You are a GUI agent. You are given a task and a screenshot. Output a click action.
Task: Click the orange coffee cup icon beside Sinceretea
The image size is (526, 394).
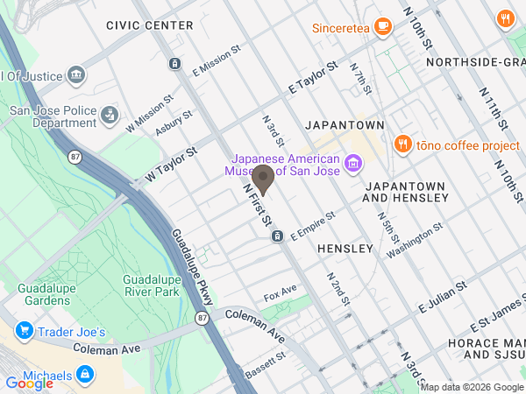click(382, 26)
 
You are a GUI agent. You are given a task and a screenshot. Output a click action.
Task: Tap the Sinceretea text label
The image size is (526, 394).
click(342, 27)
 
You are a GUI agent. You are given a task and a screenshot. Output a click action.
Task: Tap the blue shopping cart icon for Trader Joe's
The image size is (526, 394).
click(24, 332)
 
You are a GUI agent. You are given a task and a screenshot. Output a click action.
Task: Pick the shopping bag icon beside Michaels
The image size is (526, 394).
click(85, 376)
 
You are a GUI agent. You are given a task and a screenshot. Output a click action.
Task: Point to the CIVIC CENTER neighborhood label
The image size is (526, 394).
click(149, 25)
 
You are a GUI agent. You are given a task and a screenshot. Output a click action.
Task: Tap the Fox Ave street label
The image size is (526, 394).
click(281, 292)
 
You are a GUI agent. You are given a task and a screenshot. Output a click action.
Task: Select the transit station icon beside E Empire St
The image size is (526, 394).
click(277, 236)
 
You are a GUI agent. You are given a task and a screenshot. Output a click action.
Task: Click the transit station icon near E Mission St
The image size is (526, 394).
click(175, 63)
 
